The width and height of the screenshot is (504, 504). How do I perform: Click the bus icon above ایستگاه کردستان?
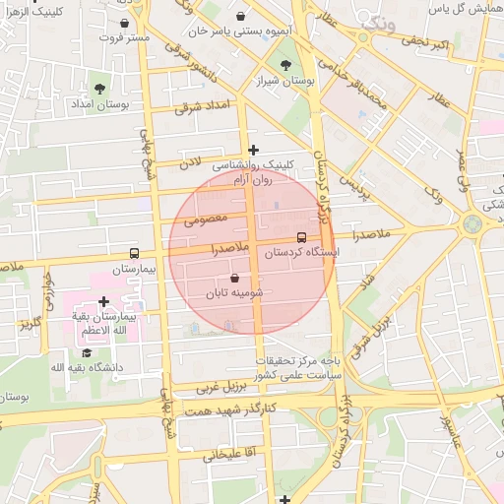click(x=301, y=237)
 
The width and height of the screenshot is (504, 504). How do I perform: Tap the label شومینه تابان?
click(x=234, y=293)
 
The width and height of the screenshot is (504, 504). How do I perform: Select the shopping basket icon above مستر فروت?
click(x=124, y=22)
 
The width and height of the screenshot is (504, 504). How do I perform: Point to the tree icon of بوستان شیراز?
click(x=285, y=65)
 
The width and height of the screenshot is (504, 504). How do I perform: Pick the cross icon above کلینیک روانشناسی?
click(x=254, y=151)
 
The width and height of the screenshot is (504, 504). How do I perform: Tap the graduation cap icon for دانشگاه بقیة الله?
click(x=86, y=352)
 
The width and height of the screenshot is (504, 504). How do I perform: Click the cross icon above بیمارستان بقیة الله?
click(x=103, y=300)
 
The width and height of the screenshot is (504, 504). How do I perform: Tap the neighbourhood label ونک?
click(x=377, y=23)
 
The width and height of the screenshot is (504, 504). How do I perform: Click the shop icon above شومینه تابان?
click(x=234, y=279)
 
